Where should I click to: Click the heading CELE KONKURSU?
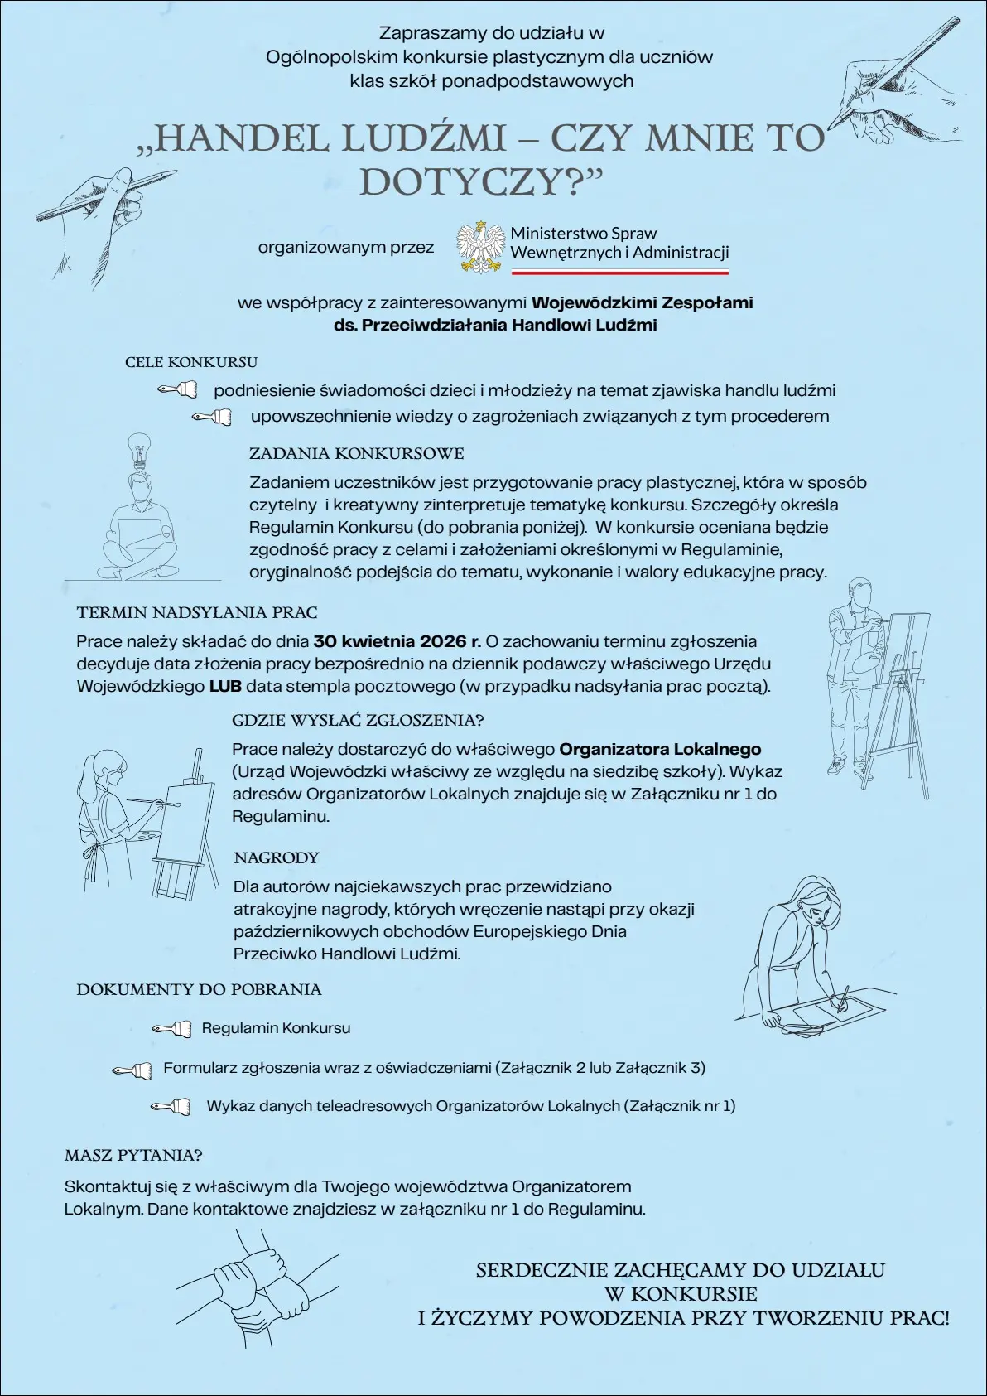pyautogui.click(x=191, y=362)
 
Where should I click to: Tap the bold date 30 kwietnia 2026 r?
pyautogui.click(x=397, y=641)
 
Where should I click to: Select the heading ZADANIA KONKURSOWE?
pyautogui.click(x=356, y=453)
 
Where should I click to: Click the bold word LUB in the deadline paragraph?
pyautogui.click(x=225, y=686)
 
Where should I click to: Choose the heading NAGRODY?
pyautogui.click(x=276, y=857)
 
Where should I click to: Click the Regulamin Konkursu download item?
pyautogui.click(x=276, y=1028)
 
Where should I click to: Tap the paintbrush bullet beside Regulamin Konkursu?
pyautogui.click(x=171, y=1029)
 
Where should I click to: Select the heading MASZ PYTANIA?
pyautogui.click(x=133, y=1155)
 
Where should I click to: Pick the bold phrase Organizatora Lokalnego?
pyautogui.click(x=660, y=749)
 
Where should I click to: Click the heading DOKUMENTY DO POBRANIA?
pyautogui.click(x=199, y=989)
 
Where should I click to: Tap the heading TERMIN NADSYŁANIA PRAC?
pyautogui.click(x=197, y=612)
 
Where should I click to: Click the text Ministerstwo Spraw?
pyautogui.click(x=583, y=234)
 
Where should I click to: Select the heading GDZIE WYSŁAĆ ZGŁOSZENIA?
pyautogui.click(x=358, y=720)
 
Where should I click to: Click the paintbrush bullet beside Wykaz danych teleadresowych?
pyautogui.click(x=171, y=1106)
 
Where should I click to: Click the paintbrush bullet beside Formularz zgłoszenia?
pyautogui.click(x=132, y=1070)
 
